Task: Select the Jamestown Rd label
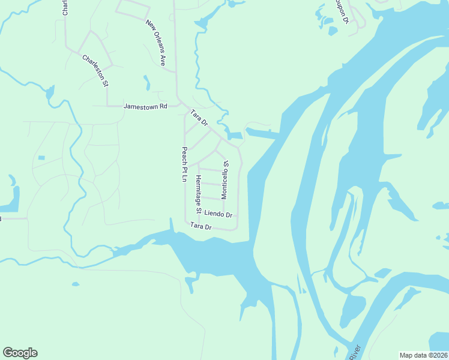coord(145,106)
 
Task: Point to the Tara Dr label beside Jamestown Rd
coord(199,118)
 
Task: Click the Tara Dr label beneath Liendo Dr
coord(201,226)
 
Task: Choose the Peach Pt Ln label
coord(185,164)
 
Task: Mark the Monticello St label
coord(225,180)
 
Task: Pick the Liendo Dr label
coord(218,214)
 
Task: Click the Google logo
coord(20,353)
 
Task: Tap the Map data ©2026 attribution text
coord(423,355)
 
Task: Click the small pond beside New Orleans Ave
coord(147,82)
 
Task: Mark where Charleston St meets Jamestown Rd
coord(107,106)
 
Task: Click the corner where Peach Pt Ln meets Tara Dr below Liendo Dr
coord(185,221)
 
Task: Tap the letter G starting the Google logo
coord(7,353)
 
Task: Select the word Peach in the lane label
coord(185,154)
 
